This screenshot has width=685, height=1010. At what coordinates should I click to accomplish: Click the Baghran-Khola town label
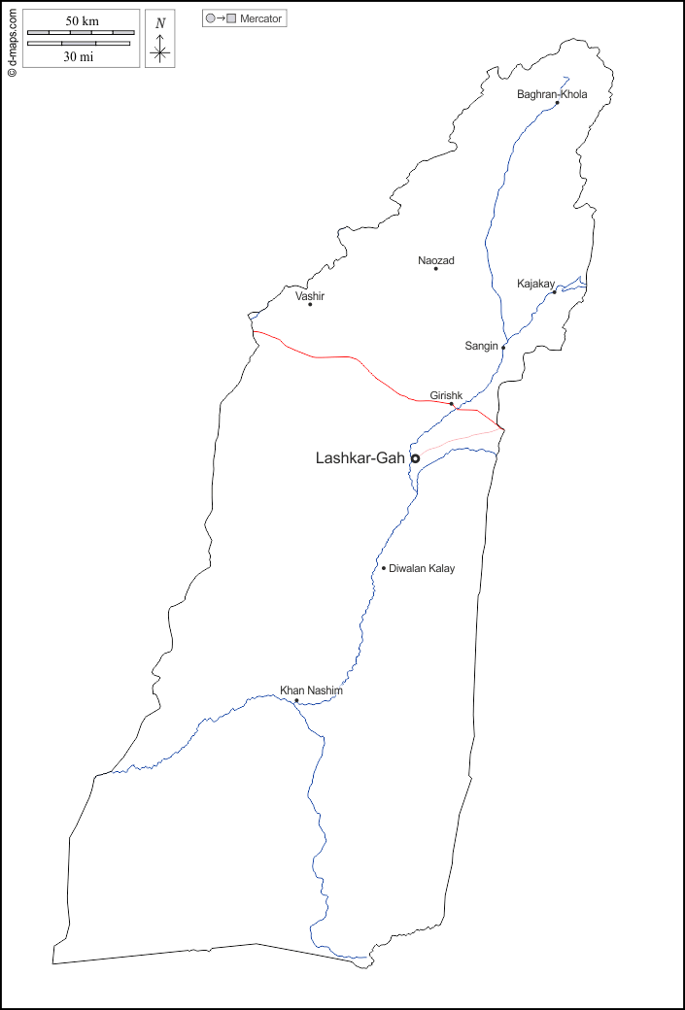pos(552,94)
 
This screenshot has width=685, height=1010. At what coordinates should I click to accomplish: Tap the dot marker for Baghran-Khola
pos(557,103)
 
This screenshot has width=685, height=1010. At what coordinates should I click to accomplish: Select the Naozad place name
pos(435,260)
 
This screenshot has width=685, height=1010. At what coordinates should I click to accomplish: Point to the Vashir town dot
pos(310,304)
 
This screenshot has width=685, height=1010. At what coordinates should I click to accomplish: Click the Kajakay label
pos(535,284)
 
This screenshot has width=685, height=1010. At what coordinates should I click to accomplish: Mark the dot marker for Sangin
pos(503,347)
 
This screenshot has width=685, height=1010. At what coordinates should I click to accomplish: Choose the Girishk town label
pos(446,395)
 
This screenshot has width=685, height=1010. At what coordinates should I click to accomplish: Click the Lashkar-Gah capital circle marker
pos(415,458)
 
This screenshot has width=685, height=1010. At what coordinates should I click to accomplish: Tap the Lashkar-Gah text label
pos(360,458)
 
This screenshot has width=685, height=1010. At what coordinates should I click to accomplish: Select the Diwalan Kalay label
pos(422,568)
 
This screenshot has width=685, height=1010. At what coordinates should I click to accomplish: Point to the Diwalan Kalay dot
pos(384,568)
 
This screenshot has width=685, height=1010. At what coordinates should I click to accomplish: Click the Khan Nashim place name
pos(311,690)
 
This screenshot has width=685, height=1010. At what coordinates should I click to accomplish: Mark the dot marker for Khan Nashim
pos(296,700)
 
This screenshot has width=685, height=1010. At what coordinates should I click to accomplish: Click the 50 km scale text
pos(82,21)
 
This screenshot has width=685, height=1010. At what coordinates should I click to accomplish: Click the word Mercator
pos(260,18)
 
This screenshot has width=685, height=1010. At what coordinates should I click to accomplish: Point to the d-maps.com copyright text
pos(12,40)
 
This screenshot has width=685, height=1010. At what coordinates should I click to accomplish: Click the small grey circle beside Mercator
pos(210,18)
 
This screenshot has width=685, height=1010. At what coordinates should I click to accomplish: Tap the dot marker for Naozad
pos(435,269)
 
